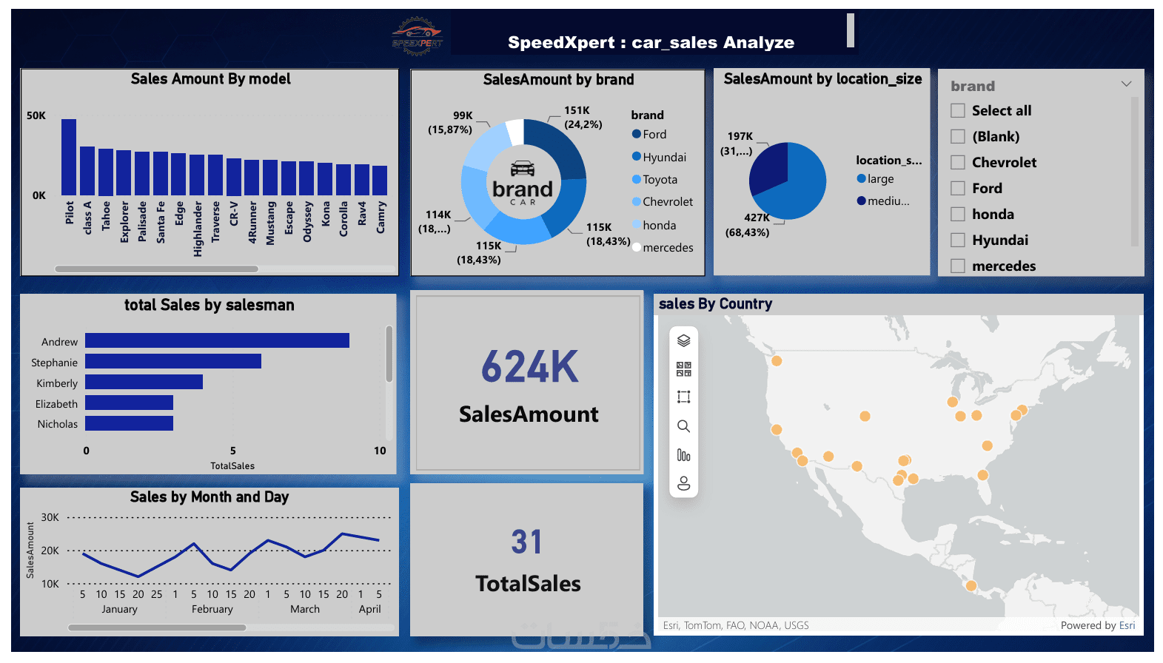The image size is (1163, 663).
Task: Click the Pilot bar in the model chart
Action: point(69,157)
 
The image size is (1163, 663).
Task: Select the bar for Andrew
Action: point(217,340)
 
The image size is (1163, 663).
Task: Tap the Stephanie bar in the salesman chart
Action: point(172,361)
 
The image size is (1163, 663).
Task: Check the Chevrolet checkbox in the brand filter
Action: point(958,163)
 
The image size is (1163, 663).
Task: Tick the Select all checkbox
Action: point(958,111)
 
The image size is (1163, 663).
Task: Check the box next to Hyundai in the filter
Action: point(958,240)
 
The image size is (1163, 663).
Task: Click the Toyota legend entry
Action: point(659,180)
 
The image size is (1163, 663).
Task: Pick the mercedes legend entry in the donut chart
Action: point(667,248)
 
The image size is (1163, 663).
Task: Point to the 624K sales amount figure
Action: point(529,367)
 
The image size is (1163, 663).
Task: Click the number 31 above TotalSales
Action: point(526,542)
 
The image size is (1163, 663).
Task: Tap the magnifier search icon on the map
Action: point(683,426)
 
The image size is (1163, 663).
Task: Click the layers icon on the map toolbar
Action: point(683,340)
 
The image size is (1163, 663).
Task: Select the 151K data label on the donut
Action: point(577,110)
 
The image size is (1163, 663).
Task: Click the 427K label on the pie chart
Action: point(757,218)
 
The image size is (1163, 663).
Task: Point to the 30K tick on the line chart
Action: point(50,518)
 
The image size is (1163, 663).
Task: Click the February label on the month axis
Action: point(212,609)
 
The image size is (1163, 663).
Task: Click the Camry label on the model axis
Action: point(381,218)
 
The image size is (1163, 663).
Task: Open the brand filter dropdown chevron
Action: point(1126,84)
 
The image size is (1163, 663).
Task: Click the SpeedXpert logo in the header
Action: point(417,36)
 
